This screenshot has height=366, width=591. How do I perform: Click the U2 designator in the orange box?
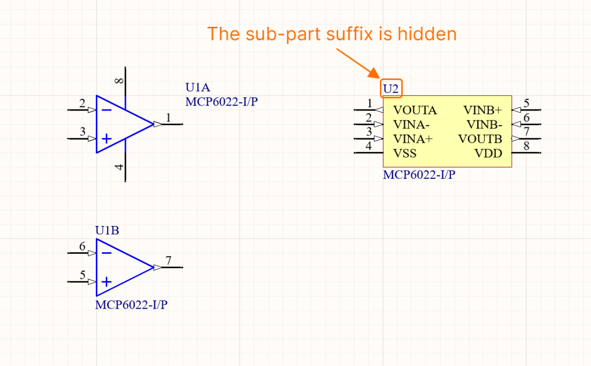392,88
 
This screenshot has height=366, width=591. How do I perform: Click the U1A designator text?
198,88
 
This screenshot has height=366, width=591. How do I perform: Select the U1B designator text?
107,230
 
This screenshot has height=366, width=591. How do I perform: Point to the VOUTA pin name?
415,111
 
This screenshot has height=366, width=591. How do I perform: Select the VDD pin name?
488,153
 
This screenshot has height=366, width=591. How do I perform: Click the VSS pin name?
405,153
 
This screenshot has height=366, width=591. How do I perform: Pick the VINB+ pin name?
483,111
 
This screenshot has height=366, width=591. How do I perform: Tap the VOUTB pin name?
480,139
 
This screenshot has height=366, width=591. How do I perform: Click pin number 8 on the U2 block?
526,146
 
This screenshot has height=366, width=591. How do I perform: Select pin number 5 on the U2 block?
526,103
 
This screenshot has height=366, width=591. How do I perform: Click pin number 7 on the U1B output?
169,260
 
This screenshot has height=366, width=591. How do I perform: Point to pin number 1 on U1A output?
169,118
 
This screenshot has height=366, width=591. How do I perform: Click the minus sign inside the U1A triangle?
107,110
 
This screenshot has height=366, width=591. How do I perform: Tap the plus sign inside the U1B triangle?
107,282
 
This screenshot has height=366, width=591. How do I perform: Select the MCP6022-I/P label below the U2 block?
419,175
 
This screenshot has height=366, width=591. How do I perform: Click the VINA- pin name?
412,125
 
